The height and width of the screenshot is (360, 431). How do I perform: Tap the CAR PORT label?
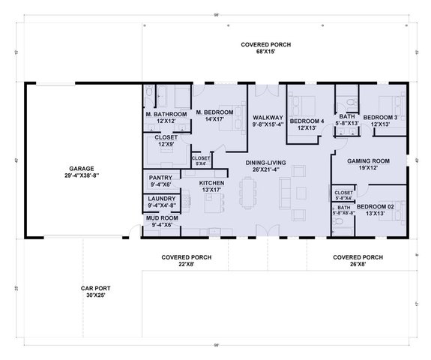[x=95, y=288]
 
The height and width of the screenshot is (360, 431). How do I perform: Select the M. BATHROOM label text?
[x=161, y=113]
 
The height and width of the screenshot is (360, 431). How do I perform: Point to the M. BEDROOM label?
[x=214, y=112]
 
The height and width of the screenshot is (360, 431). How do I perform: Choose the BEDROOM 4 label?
[x=307, y=121]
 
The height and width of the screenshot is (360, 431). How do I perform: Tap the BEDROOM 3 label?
[x=380, y=118]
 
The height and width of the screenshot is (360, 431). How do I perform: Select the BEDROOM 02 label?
[x=376, y=206]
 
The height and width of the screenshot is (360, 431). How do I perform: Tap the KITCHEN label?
[x=212, y=183]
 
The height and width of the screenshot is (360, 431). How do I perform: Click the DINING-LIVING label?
[x=266, y=161]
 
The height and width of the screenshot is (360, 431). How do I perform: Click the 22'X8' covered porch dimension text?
[x=186, y=264]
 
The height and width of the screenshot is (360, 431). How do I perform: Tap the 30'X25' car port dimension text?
[x=95, y=295]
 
